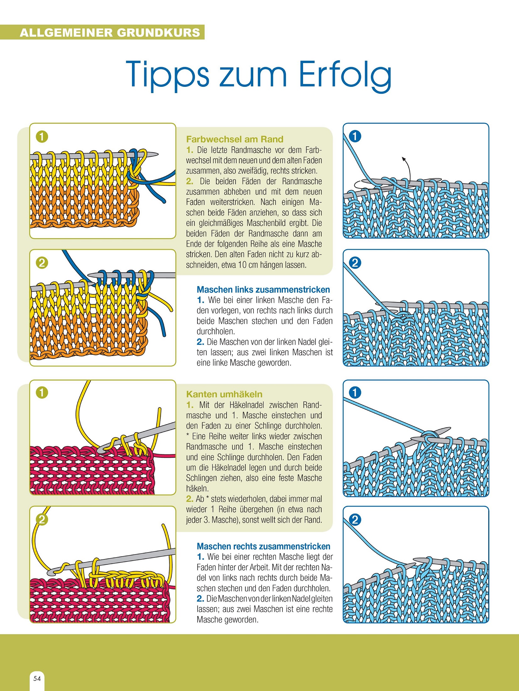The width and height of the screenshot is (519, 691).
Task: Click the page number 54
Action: (37, 678)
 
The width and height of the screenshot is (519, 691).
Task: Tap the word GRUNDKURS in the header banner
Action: (158, 33)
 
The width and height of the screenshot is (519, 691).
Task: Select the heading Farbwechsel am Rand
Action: (235, 139)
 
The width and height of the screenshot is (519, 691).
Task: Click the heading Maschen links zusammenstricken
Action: (263, 289)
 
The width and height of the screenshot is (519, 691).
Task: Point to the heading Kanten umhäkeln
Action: (224, 394)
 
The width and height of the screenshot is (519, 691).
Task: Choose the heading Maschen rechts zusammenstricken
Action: (264, 546)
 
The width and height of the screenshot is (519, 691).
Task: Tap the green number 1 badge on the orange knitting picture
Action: (42, 137)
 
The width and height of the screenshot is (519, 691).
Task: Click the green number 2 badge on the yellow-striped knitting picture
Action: (42, 263)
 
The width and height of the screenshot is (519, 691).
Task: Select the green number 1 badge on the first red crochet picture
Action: (42, 392)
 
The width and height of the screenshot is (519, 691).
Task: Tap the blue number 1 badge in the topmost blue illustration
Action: (355, 136)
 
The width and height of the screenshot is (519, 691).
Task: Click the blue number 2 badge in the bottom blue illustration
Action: (355, 520)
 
